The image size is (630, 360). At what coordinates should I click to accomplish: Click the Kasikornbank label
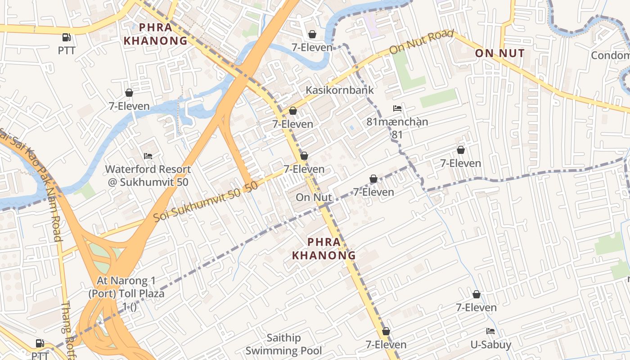tap(340, 90)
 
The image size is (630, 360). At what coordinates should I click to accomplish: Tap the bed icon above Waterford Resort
tap(148, 156)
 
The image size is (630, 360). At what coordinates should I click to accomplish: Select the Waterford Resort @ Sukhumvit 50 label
tap(148, 176)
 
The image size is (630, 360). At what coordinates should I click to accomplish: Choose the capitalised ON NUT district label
tap(500, 54)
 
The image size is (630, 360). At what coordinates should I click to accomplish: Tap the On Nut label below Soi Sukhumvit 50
tap(314, 197)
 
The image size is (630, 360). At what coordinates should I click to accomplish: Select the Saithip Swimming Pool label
tap(283, 344)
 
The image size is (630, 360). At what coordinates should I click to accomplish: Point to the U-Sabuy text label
tap(491, 345)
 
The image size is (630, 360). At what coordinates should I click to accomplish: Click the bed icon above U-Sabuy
tap(490, 332)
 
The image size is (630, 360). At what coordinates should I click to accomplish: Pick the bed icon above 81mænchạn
tap(397, 108)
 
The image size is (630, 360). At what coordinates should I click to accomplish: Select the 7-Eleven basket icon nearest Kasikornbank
tap(293, 111)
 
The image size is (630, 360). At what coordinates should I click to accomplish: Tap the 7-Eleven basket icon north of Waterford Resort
tap(129, 93)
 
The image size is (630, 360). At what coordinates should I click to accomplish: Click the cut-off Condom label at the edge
tap(610, 55)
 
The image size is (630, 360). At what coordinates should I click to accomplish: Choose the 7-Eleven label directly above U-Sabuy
tap(476, 308)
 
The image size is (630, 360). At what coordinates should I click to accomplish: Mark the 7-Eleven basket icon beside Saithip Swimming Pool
tap(386, 332)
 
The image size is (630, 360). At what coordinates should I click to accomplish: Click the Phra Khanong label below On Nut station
tap(324, 248)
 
